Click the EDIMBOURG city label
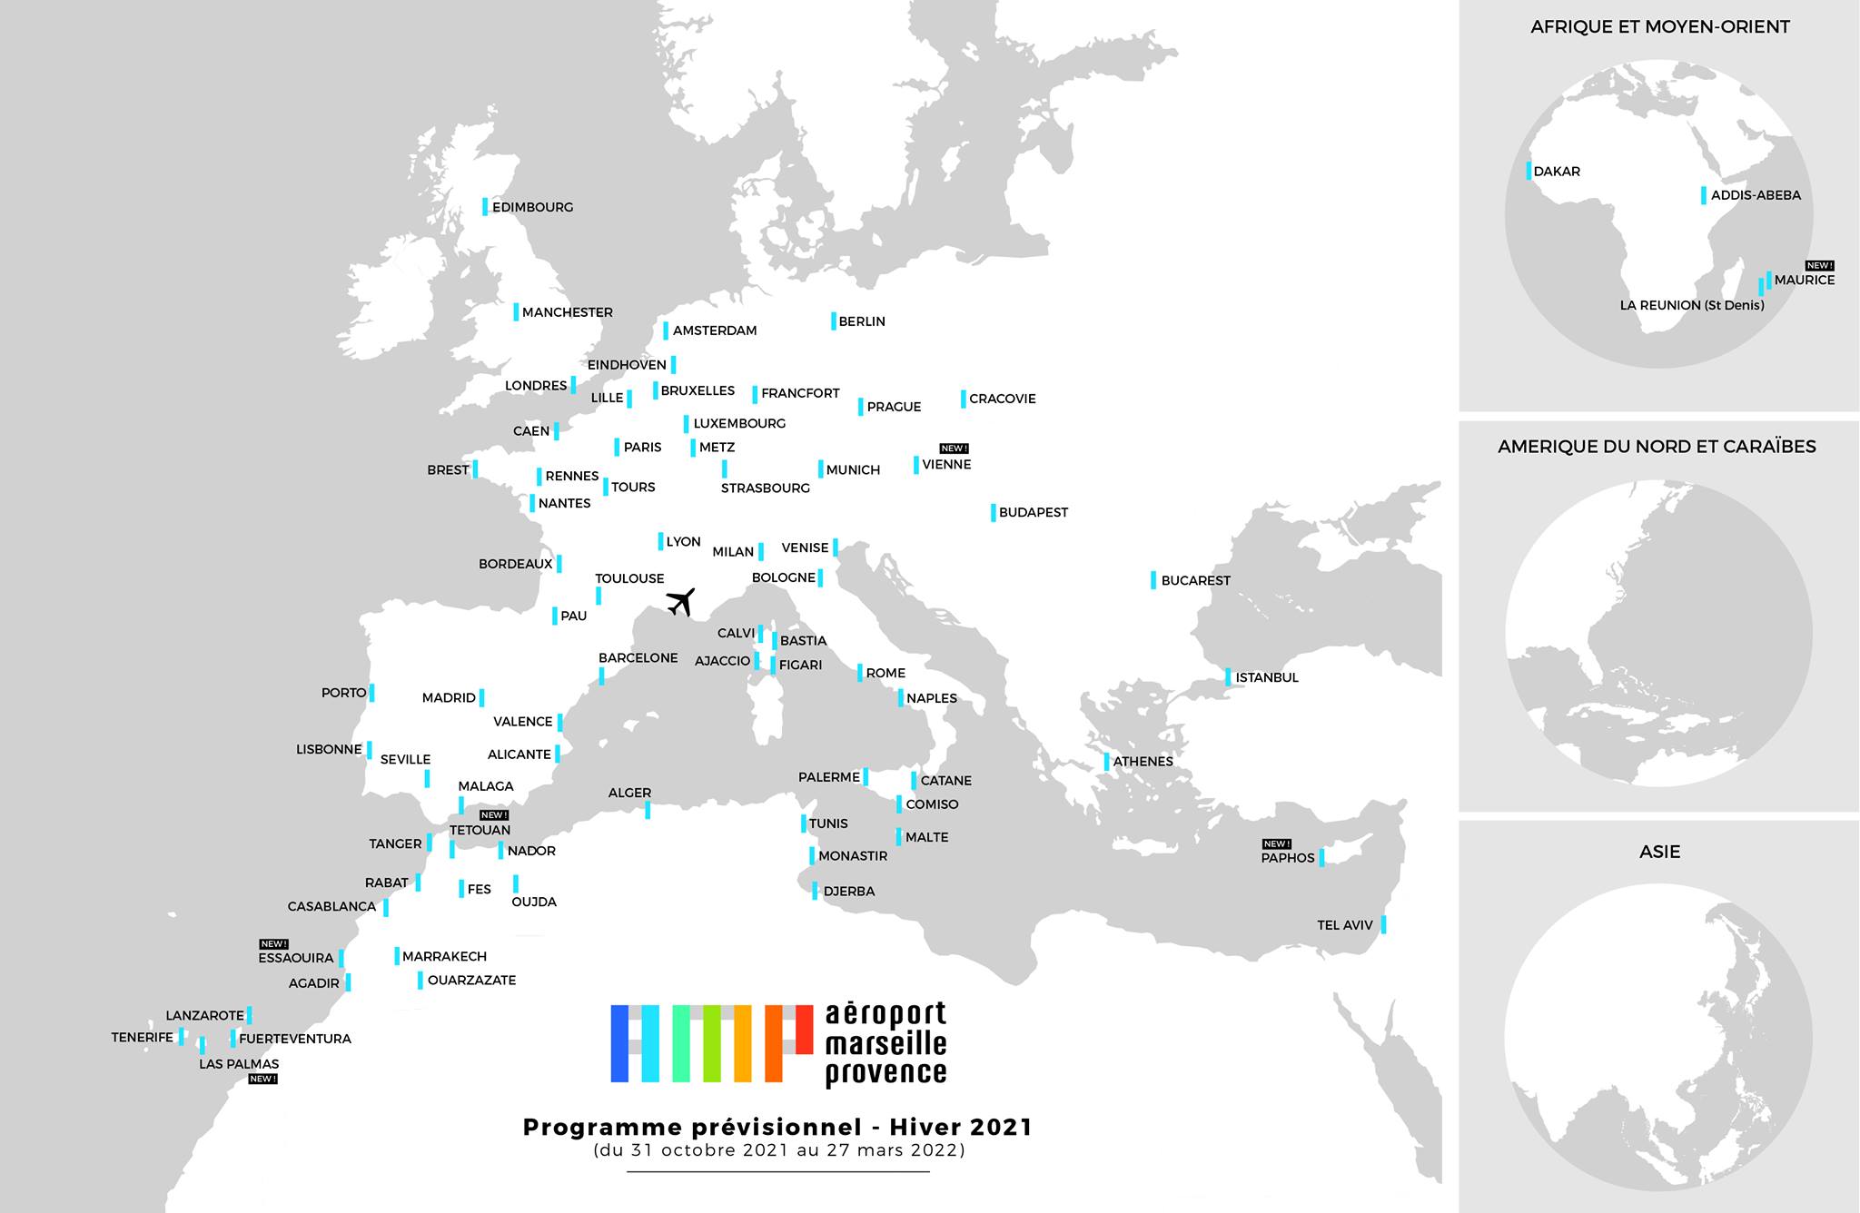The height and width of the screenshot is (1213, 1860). pos(532,207)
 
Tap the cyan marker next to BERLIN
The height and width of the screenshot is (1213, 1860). pos(834,321)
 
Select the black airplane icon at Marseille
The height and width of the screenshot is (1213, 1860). pos(680,601)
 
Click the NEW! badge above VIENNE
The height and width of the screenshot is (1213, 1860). pos(954,449)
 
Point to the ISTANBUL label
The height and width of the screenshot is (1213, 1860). pos(1267,677)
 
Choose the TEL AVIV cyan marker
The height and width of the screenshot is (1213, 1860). pos(1383,924)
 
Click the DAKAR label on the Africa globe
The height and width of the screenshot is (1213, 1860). pos(1557,171)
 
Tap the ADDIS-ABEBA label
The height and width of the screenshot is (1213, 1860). pos(1756,195)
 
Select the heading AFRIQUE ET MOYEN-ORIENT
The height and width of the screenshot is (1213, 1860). pos(1659,27)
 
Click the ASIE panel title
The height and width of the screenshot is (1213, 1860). pos(1659,852)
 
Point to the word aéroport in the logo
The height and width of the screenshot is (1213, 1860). pos(885,1014)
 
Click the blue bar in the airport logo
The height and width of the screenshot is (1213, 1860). pos(619,1043)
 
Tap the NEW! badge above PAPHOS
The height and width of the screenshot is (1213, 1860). pos(1276,844)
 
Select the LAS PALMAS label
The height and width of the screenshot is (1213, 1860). pos(239,1064)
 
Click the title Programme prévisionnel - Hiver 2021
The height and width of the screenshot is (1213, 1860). pos(777,1128)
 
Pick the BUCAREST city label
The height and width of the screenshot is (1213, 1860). pos(1195,580)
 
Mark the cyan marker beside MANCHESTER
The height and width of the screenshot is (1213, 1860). pos(516,311)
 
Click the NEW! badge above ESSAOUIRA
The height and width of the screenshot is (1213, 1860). pos(273,944)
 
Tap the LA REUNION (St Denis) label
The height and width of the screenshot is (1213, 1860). pos(1692,305)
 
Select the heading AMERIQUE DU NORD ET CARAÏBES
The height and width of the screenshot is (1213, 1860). pos(1657,447)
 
